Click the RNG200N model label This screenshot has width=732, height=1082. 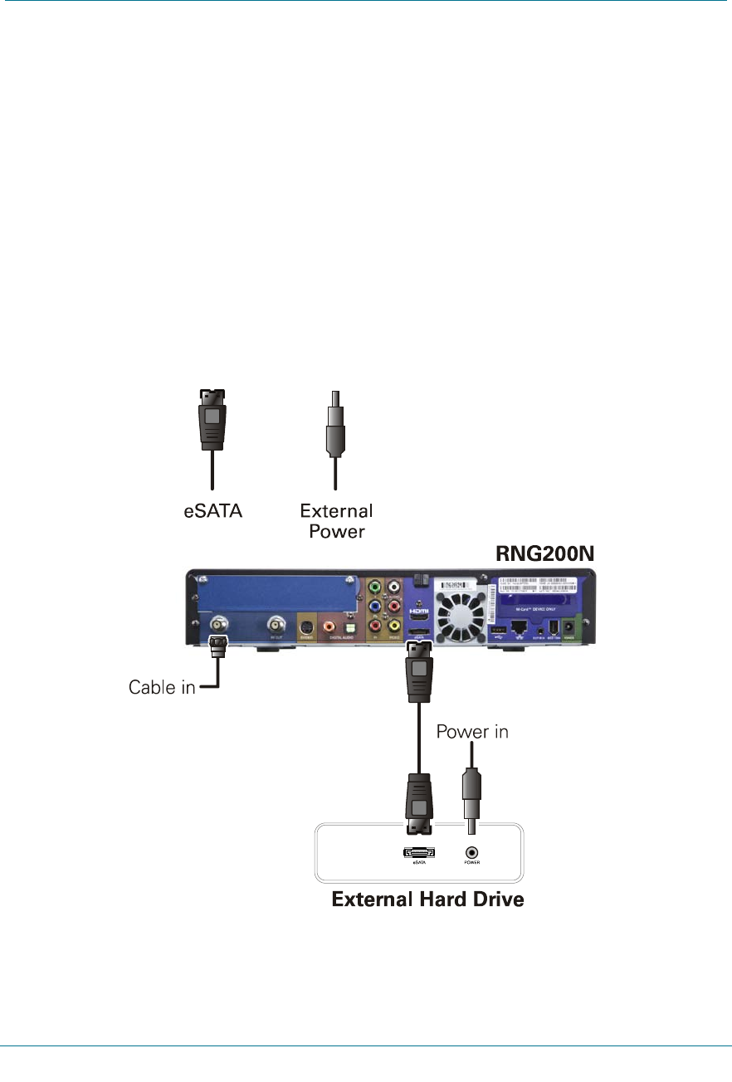coord(547,553)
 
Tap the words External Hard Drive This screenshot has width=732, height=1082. coord(427,899)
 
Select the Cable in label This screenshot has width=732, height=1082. coord(162,687)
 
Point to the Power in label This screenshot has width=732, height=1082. coord(472,732)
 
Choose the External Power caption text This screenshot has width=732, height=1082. coord(336,520)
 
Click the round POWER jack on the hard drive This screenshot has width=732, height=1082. coord(472,851)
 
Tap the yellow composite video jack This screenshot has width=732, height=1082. coord(394,626)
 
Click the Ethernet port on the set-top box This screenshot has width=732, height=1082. coord(519,631)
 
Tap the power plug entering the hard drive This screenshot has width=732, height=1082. coord(471,801)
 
